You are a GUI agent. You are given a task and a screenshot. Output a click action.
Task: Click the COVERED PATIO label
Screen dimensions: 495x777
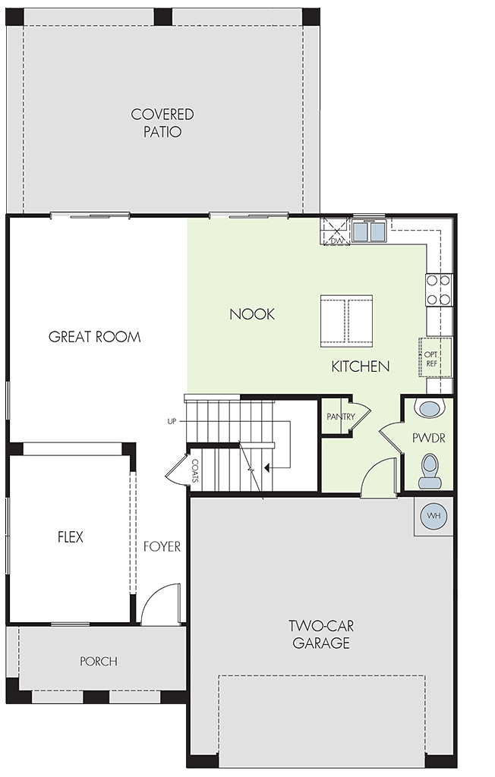162,123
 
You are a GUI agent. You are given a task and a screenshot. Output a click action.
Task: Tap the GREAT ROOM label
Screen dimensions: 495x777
94,337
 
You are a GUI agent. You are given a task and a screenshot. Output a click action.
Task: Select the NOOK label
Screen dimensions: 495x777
252,314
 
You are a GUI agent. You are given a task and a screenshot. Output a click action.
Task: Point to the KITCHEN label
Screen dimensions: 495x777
361,366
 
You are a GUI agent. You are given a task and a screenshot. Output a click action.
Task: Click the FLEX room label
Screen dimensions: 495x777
71,536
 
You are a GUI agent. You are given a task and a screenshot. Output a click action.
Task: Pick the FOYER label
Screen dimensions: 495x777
162,546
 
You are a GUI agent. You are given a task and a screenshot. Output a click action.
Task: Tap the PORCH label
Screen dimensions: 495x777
99,661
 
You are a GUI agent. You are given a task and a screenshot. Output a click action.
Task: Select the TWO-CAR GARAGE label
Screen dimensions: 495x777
321,634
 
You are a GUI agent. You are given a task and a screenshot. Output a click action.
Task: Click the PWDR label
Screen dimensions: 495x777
428,438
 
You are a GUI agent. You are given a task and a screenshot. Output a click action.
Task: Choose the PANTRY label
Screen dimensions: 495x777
341,417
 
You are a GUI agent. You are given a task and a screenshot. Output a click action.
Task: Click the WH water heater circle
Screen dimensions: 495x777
434,516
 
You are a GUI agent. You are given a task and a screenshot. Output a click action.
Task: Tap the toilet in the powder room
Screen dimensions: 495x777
430,472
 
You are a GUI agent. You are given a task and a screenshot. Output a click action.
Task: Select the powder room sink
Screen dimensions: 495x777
430,409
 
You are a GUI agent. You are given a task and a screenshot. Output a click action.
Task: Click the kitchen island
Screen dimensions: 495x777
346,319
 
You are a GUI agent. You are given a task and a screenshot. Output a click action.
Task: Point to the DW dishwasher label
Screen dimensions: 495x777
337,241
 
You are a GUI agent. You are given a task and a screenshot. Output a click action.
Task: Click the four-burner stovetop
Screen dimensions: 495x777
439,290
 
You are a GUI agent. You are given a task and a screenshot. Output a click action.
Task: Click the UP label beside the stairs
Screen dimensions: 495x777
172,422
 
